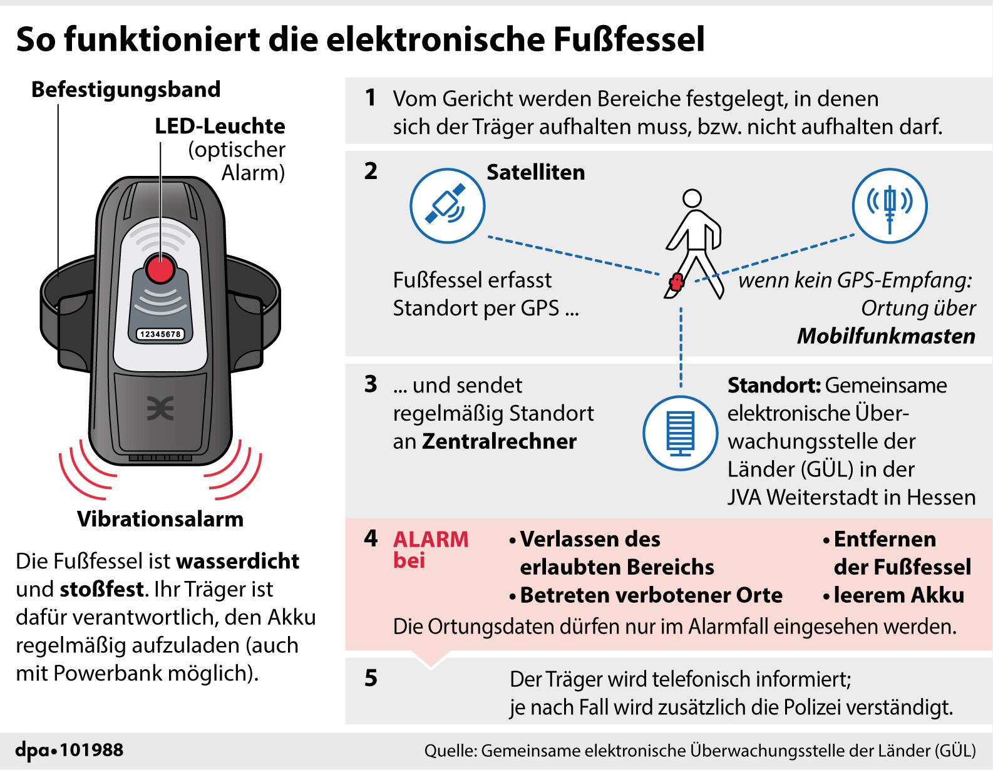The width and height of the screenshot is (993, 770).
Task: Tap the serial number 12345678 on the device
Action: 160,334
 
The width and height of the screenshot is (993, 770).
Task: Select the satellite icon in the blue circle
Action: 446,205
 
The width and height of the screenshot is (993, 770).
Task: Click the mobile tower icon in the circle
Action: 890,205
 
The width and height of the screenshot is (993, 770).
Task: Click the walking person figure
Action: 691,244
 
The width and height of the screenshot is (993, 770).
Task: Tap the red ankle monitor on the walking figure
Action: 675,284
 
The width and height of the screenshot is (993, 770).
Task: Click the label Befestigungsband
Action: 126,90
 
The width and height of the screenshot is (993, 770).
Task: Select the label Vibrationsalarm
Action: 160,519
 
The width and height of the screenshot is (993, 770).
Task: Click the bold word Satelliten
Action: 535,172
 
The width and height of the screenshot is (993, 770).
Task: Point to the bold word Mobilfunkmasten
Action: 886,336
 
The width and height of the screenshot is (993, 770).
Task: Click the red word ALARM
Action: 431,539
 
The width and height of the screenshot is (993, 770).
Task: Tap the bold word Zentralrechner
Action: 499,441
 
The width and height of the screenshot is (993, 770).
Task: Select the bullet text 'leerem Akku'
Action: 898,595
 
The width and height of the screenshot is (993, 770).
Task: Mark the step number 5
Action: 371,678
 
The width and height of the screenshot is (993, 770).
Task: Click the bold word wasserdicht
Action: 238,561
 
